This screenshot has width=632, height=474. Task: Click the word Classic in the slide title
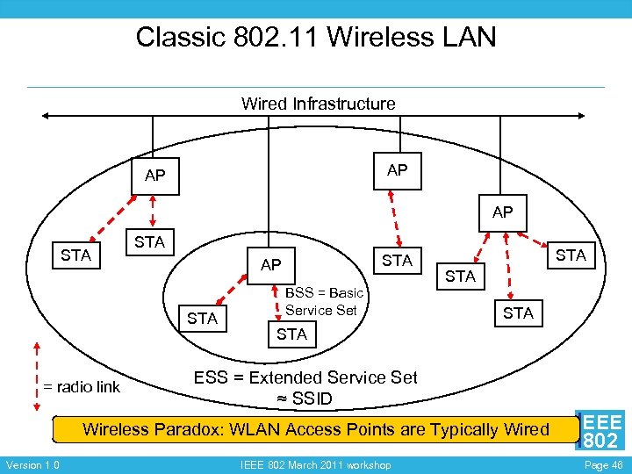pos(180,37)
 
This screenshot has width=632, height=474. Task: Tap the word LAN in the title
pos(469,37)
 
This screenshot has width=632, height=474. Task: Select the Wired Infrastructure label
pos(318,104)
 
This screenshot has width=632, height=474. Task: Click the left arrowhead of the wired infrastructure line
pos(45,116)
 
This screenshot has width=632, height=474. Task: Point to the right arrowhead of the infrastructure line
pos(581,116)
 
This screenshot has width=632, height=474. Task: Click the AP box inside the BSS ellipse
pos(271,266)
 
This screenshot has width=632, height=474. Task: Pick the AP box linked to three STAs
pos(503,213)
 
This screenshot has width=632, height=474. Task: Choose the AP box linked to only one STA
pos(398,171)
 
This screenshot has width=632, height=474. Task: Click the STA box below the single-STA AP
pos(398,261)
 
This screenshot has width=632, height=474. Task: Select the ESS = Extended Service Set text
pos(305,377)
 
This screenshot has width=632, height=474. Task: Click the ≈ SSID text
pos(305,399)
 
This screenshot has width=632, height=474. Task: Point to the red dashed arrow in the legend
pos(37,377)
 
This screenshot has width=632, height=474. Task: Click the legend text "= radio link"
pos(82,387)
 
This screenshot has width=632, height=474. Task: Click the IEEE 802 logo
pos(600,430)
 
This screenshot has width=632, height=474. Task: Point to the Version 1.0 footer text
pos(33,465)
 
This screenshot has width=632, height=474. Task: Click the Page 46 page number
pos(604,465)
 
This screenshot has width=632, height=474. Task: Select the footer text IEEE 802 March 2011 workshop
pos(316,465)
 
